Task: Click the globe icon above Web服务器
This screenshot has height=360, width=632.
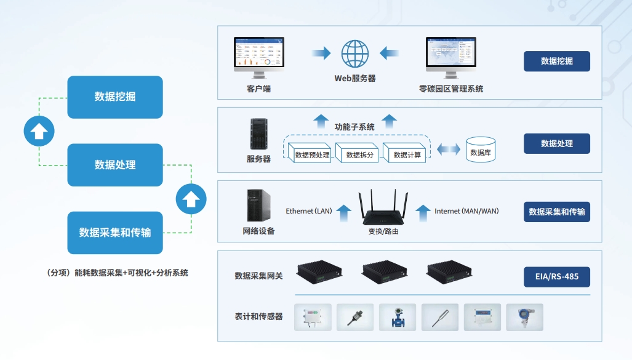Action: click(x=355, y=54)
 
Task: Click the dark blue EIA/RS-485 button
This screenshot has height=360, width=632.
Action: click(x=557, y=276)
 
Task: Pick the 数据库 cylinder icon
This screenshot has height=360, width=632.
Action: click(x=481, y=150)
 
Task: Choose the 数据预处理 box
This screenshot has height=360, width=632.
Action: click(x=311, y=154)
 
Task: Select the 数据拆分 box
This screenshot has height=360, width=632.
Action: click(x=359, y=154)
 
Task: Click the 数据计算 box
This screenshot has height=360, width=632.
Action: click(x=407, y=154)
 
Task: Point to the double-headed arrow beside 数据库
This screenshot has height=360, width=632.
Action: click(x=448, y=150)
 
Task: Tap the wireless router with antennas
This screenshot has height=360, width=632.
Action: click(x=383, y=209)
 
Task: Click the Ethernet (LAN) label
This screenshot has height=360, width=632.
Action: click(x=309, y=211)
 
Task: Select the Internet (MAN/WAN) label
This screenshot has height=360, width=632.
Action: click(x=466, y=211)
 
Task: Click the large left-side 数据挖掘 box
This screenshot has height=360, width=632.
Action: click(x=115, y=97)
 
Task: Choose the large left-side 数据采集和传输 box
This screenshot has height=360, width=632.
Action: click(x=115, y=233)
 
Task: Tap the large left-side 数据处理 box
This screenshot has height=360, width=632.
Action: click(x=115, y=165)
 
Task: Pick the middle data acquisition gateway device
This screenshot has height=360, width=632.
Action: click(x=384, y=271)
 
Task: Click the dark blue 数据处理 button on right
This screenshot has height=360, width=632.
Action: click(x=557, y=143)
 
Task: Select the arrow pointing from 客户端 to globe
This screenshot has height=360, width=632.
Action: click(x=321, y=54)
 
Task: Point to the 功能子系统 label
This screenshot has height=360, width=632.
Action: click(x=354, y=127)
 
